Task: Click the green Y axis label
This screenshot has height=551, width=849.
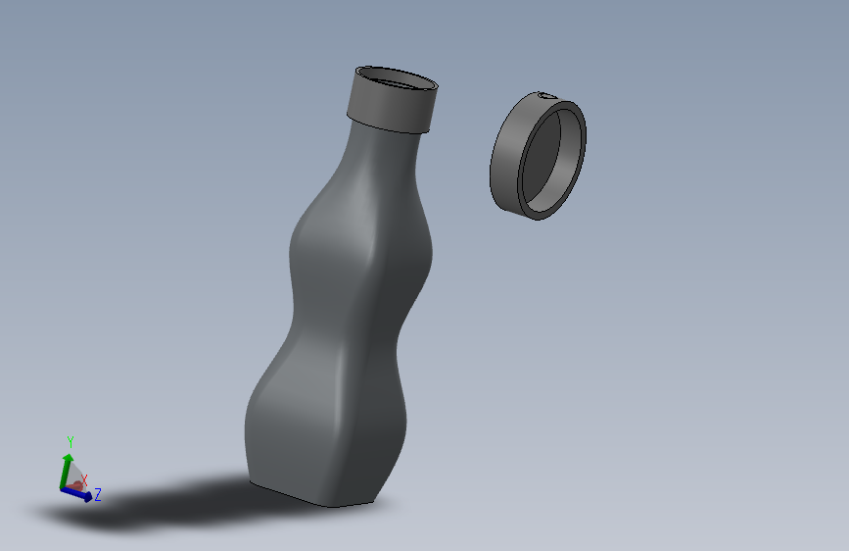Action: point(71,441)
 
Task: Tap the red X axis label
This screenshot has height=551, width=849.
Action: point(85,479)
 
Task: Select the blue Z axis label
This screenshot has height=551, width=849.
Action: point(99,495)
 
